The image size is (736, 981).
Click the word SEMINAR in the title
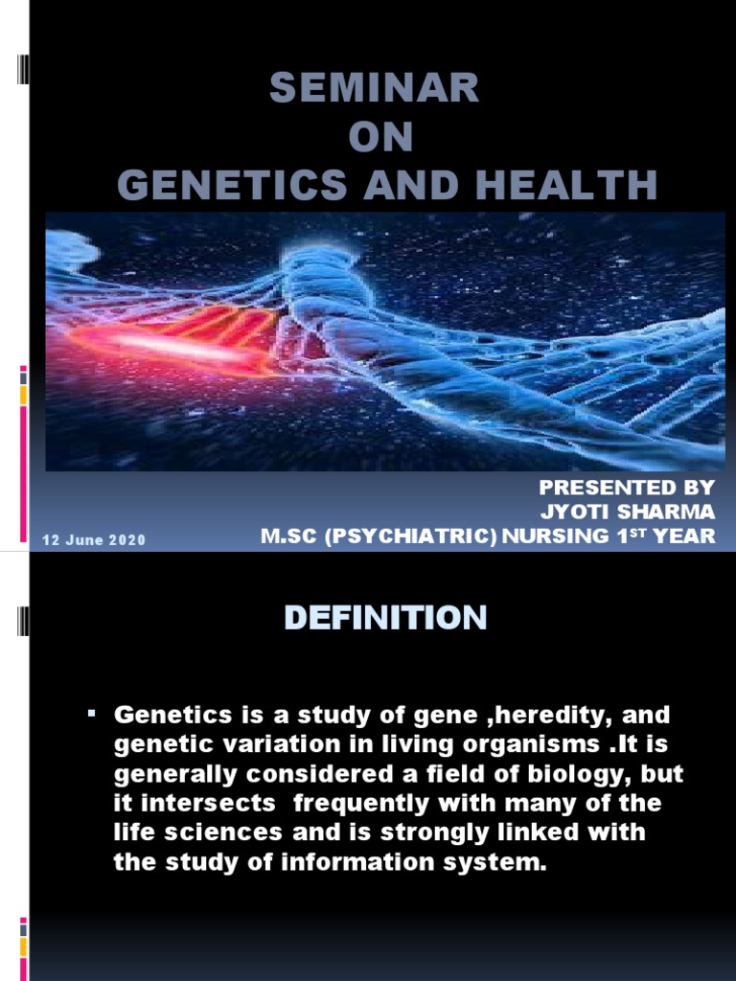coord(374,89)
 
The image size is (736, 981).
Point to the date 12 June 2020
coord(93,540)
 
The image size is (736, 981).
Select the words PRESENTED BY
coord(627,489)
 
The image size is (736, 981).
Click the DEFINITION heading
coord(385,619)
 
